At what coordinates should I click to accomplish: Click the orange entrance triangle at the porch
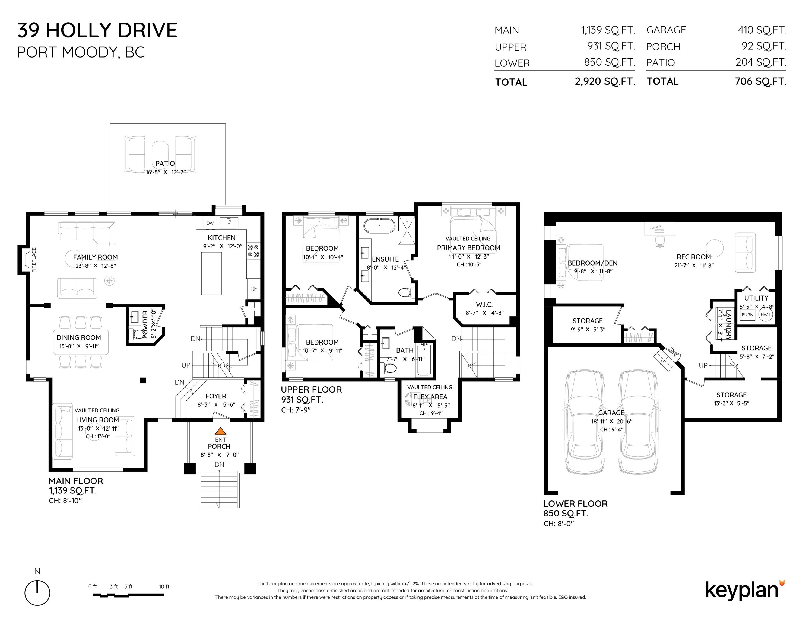click(220, 431)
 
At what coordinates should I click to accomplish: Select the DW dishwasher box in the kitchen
click(210, 223)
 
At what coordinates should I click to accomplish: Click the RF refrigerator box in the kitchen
click(253, 289)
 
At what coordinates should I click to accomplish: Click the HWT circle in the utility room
click(765, 315)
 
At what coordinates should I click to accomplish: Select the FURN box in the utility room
click(747, 315)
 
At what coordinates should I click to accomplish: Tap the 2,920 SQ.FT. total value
click(605, 81)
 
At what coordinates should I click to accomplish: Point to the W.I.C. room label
click(484, 304)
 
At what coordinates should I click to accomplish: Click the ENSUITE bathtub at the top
click(379, 225)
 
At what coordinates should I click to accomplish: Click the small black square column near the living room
click(143, 380)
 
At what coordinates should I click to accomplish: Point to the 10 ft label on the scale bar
click(164, 586)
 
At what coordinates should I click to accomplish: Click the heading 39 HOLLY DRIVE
click(97, 30)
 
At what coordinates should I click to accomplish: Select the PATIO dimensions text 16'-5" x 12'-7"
click(165, 172)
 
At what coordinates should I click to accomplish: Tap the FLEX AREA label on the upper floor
click(430, 397)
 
